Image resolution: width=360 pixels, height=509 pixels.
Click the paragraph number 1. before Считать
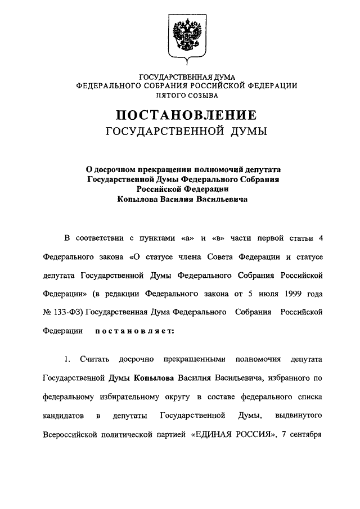click(x=69, y=359)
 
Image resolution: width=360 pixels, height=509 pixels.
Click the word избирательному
click(x=147, y=397)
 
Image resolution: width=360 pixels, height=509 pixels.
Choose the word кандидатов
click(x=64, y=416)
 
